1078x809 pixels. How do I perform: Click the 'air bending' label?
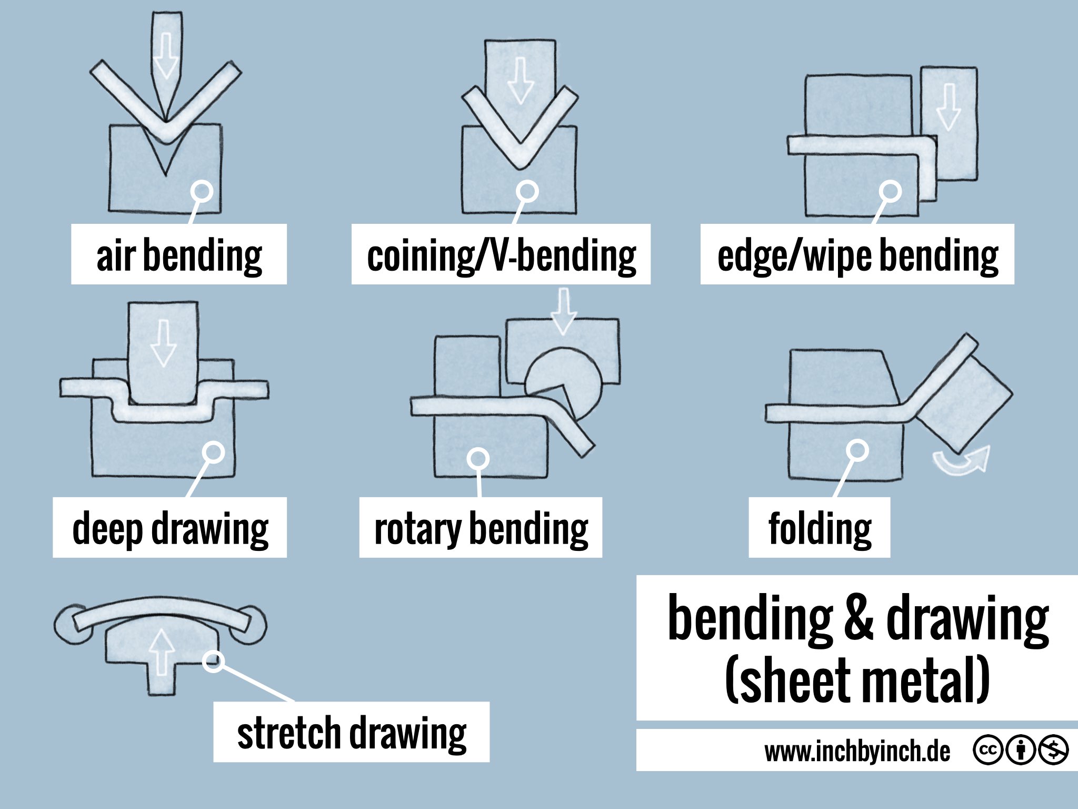point(179,255)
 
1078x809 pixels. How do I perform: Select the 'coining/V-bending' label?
point(501,255)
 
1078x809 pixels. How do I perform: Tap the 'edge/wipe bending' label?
point(857,255)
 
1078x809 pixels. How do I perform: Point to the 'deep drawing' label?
point(170,528)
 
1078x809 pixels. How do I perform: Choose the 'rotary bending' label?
point(481,528)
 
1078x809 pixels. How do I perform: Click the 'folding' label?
point(820,528)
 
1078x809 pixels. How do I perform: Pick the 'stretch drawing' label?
point(352,732)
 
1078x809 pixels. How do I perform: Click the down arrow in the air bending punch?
point(166,55)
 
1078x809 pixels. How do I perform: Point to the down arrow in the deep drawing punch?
point(163,343)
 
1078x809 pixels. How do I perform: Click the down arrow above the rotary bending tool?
point(563,311)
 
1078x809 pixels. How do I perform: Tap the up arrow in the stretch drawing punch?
point(162,653)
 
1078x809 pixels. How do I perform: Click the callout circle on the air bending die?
point(202,192)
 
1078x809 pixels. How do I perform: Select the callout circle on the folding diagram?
point(857,451)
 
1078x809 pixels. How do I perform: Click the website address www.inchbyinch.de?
point(857,752)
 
